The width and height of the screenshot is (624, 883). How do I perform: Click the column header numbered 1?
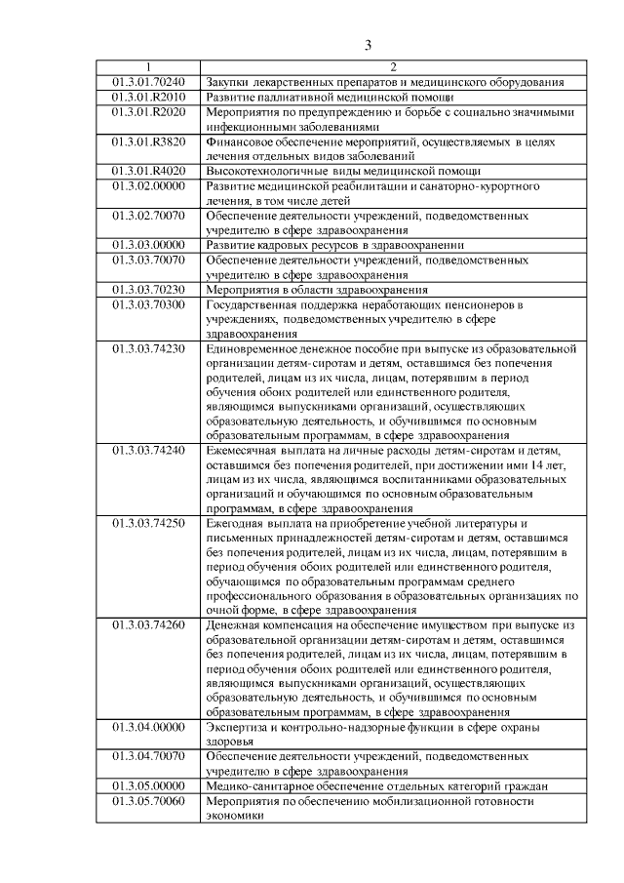tap(148, 67)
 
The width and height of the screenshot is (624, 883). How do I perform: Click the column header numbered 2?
tap(391, 67)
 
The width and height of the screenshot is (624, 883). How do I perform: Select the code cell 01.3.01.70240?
tap(148, 82)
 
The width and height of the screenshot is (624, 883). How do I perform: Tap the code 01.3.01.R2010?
tap(148, 97)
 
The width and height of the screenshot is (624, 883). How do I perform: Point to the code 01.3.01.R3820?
tap(148, 140)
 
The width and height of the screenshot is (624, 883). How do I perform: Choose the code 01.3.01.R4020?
tap(148, 170)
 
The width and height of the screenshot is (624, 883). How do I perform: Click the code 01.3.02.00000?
tap(148, 184)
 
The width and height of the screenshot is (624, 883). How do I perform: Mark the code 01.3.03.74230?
tap(148, 348)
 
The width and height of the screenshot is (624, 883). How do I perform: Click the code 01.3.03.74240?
tap(148, 451)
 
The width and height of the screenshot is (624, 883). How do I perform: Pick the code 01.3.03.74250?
tap(148, 524)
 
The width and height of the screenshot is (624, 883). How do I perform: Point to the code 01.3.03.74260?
tap(148, 625)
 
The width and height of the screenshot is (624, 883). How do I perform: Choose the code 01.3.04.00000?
tap(148, 728)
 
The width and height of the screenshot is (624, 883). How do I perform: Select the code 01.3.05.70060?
tap(148, 801)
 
